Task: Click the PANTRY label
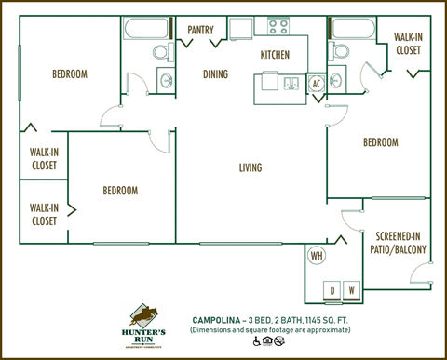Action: click(200, 30)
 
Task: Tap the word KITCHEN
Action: click(275, 56)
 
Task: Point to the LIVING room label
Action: click(250, 167)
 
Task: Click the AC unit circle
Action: click(315, 83)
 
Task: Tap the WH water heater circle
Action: click(316, 255)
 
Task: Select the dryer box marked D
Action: click(332, 289)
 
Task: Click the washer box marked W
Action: click(351, 289)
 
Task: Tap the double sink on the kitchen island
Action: click(291, 84)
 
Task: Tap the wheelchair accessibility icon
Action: click(255, 341)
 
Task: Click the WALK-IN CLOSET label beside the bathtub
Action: click(407, 44)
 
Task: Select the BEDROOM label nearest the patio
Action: click(380, 142)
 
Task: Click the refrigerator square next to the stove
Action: click(241, 28)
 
